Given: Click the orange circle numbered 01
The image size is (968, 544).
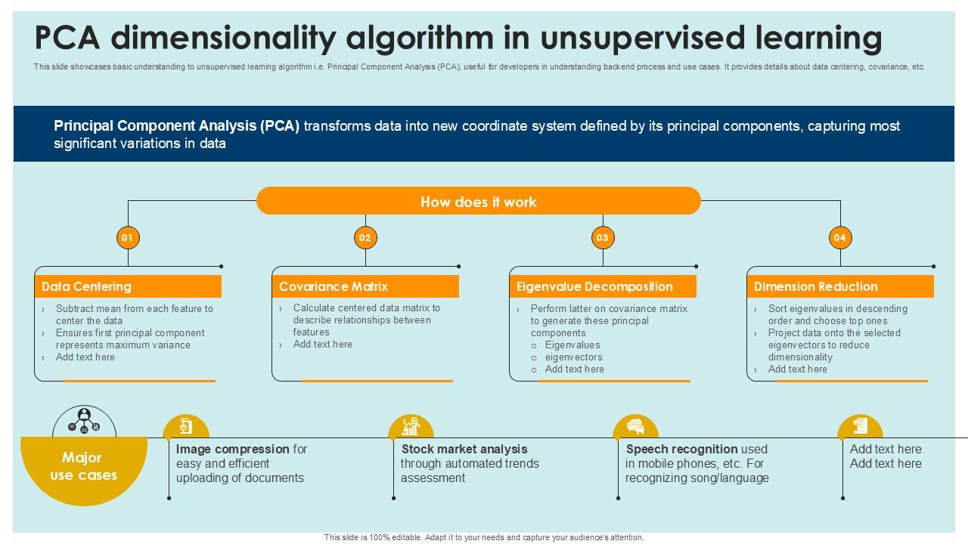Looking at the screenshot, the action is pos(128,237).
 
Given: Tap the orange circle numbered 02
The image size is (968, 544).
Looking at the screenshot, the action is pos(365,237).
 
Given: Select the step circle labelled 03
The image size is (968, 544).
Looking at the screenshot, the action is pos(603,237).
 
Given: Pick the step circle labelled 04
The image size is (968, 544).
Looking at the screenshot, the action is pos(840,237).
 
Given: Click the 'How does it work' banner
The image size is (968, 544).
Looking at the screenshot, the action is pos(479,201).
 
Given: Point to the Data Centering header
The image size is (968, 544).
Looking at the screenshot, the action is pos(128,286).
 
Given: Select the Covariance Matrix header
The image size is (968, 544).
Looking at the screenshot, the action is pos(365,286).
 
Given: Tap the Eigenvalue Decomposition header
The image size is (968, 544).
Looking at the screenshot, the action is pos(603,286).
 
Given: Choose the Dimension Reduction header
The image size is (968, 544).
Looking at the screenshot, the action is pos(840,286).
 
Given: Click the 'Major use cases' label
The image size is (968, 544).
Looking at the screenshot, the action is pos(83,466).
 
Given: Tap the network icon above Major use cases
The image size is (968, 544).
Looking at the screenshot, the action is pos(84,422).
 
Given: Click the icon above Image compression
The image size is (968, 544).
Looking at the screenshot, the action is pos(186,426).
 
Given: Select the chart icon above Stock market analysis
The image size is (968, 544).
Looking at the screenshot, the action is pos(411,426).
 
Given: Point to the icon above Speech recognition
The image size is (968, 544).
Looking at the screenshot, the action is pos(635,425).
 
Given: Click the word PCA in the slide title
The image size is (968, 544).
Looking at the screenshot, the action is pos(67,38).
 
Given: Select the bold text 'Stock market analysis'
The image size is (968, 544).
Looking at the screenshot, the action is pos(464,449).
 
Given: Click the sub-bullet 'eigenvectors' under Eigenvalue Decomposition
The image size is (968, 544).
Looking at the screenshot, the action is pos(573,357).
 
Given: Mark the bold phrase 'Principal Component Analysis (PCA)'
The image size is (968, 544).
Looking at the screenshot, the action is pos(177,125).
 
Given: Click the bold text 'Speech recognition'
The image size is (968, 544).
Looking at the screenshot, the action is pos(682,450).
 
